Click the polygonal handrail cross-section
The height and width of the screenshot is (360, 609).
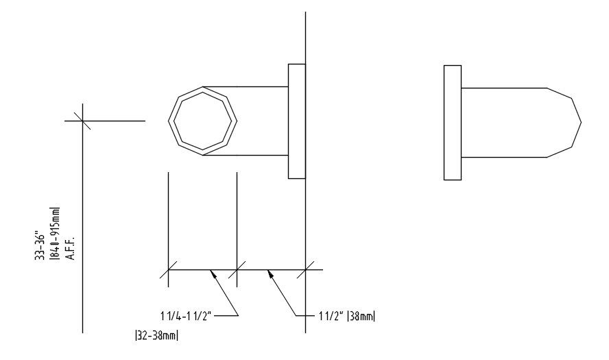[203, 121]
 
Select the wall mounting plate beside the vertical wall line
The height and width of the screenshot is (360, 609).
[296, 121]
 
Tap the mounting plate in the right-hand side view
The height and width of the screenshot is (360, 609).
[452, 122]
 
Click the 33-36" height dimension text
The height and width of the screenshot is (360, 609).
[41, 245]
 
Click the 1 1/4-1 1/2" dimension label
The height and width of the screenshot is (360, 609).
[189, 316]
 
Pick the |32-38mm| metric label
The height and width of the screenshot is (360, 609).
[158, 336]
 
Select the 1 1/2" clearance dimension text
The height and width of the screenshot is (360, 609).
[330, 316]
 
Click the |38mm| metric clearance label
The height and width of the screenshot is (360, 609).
[361, 316]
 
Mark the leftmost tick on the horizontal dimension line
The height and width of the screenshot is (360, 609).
[169, 269]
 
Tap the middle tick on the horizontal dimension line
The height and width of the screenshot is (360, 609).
[237, 269]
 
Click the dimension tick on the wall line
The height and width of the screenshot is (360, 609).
[305, 269]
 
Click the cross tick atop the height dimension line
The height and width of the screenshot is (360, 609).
[83, 121]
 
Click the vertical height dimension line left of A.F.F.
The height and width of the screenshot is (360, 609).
[83, 226]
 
